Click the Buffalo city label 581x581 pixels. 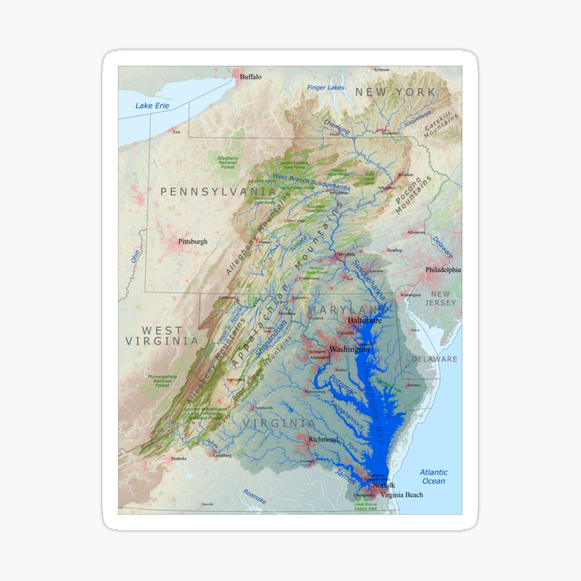251,77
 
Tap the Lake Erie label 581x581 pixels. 152,106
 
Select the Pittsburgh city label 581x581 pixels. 192,242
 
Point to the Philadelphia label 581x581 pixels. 443,270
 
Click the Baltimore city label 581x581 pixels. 365,321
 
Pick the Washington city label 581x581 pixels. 349,350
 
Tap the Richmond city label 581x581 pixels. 323,440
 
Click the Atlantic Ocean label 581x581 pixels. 433,477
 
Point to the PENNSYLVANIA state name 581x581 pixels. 218,191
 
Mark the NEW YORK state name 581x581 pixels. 395,92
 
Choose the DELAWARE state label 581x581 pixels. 435,359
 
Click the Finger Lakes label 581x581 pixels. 326,88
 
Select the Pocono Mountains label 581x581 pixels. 414,195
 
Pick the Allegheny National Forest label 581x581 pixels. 228,163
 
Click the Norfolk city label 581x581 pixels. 383,485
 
